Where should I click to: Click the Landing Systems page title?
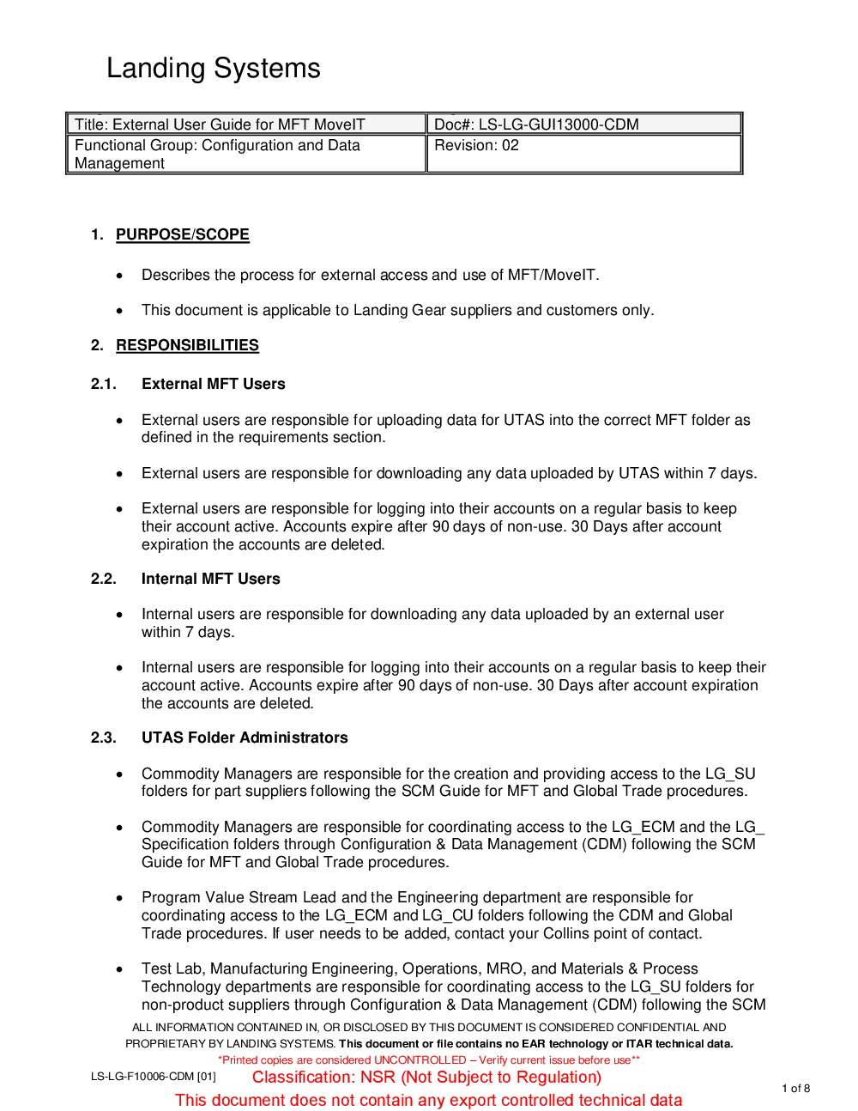tap(213, 68)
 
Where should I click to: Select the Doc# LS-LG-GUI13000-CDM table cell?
tap(536, 124)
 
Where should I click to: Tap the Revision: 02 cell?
tap(476, 146)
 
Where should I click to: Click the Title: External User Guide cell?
tap(220, 124)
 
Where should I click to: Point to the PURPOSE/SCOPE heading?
tap(183, 234)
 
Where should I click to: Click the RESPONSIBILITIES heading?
tap(187, 345)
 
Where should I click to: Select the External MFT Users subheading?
tap(213, 384)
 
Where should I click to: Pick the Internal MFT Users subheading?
tap(210, 579)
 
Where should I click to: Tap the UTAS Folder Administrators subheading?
tap(245, 738)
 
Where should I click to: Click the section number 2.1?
tap(103, 384)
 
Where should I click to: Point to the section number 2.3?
tap(103, 738)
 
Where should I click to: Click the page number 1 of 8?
tap(795, 1088)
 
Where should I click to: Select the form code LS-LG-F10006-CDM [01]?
tap(153, 1077)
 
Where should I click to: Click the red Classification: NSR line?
tap(426, 1078)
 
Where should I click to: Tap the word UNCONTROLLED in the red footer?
tap(420, 1060)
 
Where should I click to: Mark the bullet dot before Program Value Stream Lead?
tap(120, 898)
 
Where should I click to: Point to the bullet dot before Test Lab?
tap(120, 969)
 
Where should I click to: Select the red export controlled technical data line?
tap(429, 1101)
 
